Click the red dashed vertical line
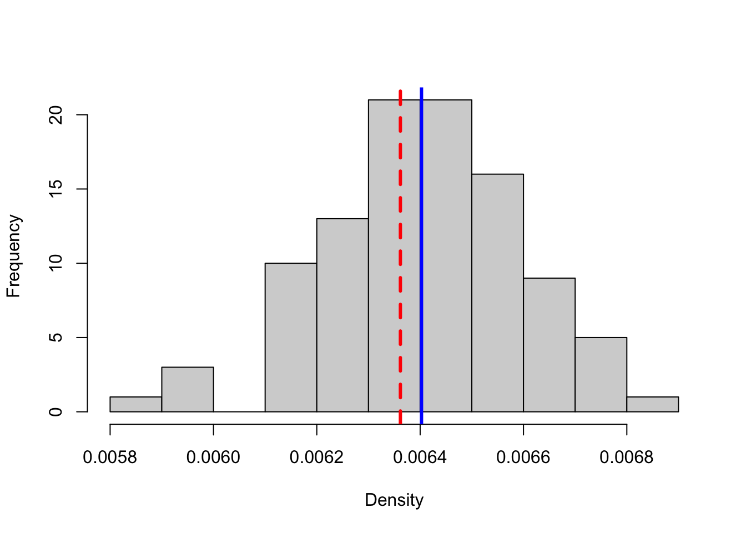pos(400,250)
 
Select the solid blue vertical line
pos(421,250)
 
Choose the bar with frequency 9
pos(549,344)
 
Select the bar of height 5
pos(601,374)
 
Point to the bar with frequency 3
pos(188,389)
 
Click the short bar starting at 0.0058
pos(136,404)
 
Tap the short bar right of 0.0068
pos(652,404)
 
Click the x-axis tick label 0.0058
pos(110,457)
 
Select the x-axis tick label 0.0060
pos(213,457)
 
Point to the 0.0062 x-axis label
pos(316,457)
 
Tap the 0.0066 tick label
pos(523,457)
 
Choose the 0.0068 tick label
pos(627,457)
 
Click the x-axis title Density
pos(394,500)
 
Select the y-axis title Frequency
pos(13,256)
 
